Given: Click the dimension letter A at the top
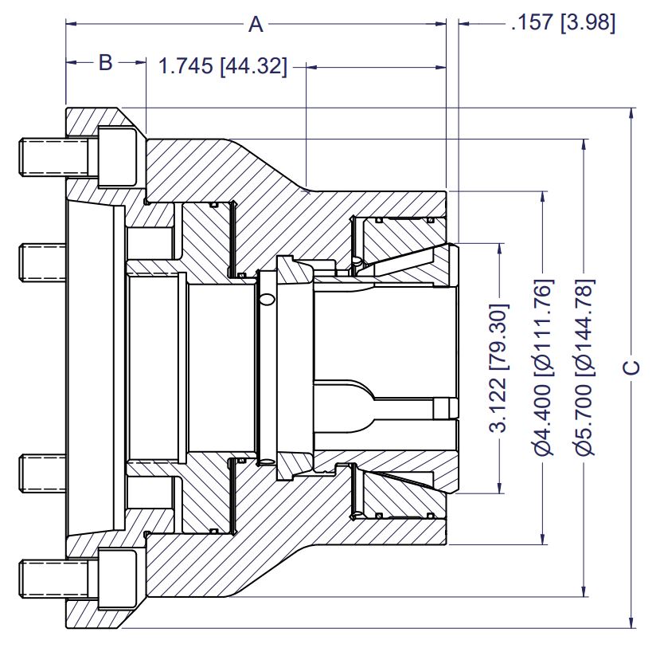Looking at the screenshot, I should (x=256, y=25).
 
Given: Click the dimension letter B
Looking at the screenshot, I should (x=106, y=63).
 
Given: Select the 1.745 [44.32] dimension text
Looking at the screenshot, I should (x=223, y=67).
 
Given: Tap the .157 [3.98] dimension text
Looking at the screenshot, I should (x=563, y=24).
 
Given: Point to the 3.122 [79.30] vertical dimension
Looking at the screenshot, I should (x=499, y=367).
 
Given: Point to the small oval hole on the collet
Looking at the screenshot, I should (x=267, y=299).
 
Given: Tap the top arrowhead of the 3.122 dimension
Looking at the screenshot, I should (x=499, y=249).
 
